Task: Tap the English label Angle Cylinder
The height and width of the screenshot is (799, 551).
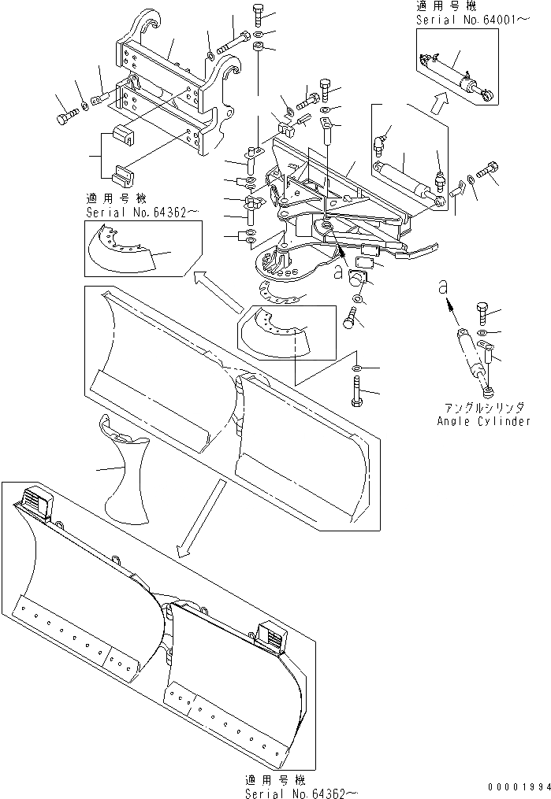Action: click(482, 421)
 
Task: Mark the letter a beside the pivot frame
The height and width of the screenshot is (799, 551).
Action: click(339, 271)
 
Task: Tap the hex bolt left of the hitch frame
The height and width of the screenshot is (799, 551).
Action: click(63, 119)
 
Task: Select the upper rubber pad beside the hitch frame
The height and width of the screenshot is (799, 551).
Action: click(124, 136)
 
